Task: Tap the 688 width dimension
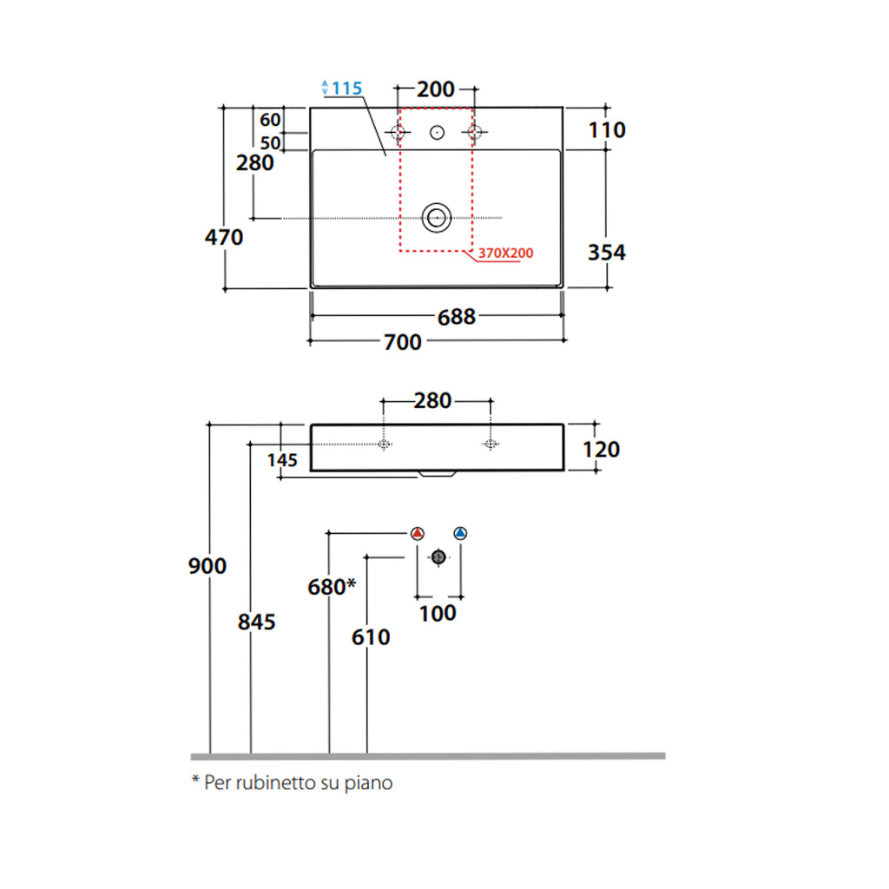coord(456,317)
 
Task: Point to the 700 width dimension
coord(402,342)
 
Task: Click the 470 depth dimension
coord(224,236)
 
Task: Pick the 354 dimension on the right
coord(606,253)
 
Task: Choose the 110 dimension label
coord(606,130)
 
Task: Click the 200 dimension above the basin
coord(436,89)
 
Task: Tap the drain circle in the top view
coord(436,217)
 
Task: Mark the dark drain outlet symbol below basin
coord(438,556)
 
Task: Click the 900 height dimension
coord(207,566)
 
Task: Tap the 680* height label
coord(332,587)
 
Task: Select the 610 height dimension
coord(371,637)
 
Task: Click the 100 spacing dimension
coord(438,613)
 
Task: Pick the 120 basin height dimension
coord(602,449)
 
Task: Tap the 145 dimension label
coord(283,459)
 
